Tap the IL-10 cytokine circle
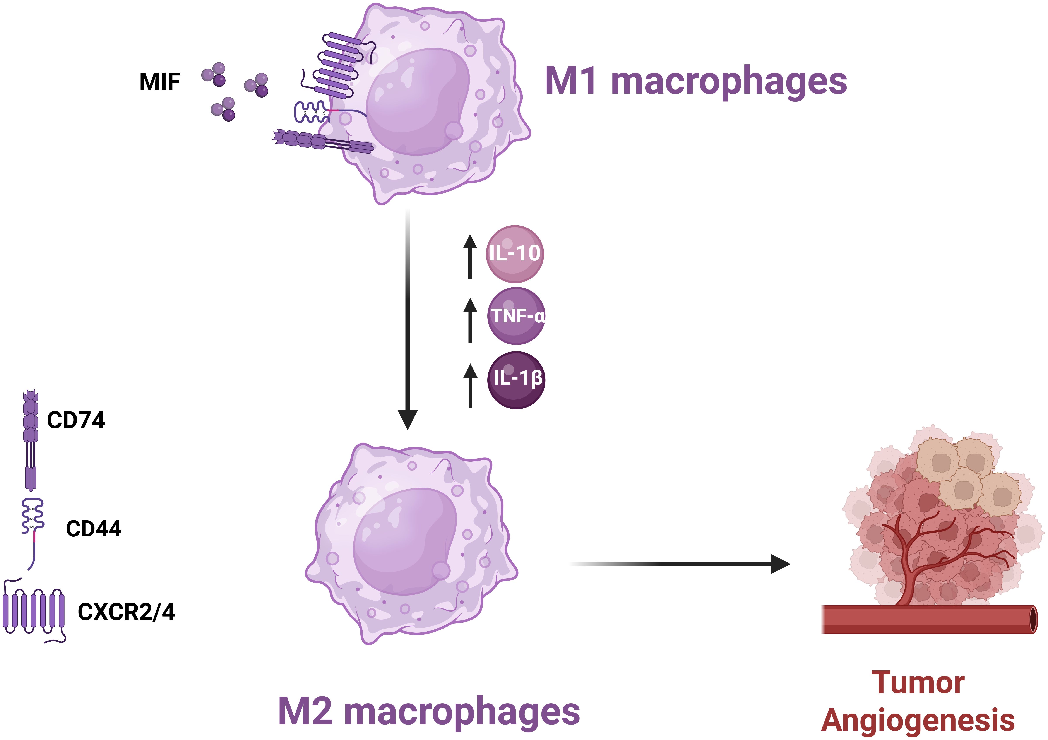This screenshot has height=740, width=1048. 515,254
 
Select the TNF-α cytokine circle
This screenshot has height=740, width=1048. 516,316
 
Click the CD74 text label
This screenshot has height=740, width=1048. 76,420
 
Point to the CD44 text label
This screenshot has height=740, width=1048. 94,529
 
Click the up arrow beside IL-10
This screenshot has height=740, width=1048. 470,256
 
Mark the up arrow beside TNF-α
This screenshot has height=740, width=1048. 470,320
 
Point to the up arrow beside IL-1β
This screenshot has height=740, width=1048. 470,385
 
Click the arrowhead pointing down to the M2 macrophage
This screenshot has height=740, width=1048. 408,419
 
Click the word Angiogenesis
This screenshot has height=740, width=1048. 918,720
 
